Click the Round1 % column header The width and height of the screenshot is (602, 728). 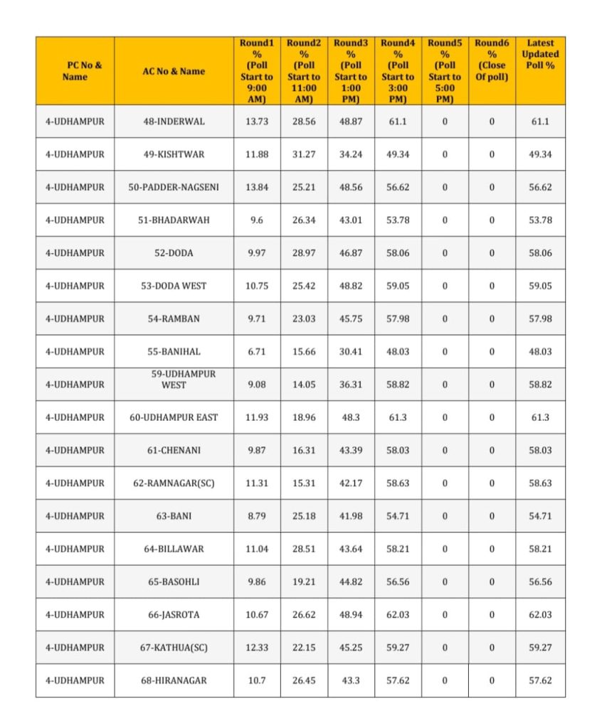pos(257,71)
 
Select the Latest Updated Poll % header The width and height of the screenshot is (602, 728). pos(540,54)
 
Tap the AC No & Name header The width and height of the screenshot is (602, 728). pos(174,71)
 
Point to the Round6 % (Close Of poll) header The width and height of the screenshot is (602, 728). pos(492,60)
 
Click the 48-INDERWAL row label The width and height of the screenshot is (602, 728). pos(174,122)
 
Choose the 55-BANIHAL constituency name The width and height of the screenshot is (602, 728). pos(174,351)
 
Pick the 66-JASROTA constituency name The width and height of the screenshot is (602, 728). pos(174,614)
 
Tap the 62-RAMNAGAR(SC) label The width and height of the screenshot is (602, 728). pos(174,483)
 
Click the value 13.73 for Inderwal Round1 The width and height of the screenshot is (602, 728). pos(257,122)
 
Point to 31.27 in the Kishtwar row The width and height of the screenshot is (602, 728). pos(304,154)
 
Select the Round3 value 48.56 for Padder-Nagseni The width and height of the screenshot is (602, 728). pos(351,187)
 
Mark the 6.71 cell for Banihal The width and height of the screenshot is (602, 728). pos(257,351)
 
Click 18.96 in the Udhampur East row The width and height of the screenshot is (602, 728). pos(304,417)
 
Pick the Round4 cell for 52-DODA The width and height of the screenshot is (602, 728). pos(398,253)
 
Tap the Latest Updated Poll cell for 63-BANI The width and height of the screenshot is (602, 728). pos(540,515)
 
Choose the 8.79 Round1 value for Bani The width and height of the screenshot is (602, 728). pos(257,515)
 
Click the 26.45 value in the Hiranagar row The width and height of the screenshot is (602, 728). pos(304,680)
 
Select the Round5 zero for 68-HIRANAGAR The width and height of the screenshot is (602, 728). pos(445,680)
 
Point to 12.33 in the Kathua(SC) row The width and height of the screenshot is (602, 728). pos(257,647)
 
